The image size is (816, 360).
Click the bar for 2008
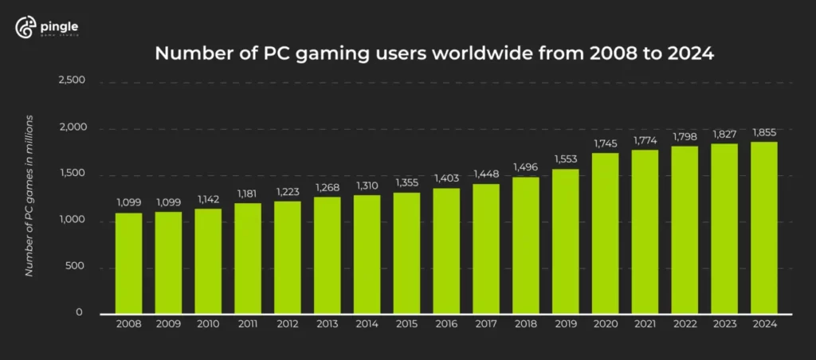[x=128, y=262]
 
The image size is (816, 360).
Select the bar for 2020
[x=605, y=232]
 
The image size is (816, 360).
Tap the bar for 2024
[x=763, y=227]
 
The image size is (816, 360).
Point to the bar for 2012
[x=287, y=256]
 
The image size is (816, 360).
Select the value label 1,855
[x=763, y=131]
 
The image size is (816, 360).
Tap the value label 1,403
[x=446, y=179]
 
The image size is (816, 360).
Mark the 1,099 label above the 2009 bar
[x=168, y=202]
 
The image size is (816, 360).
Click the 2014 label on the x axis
[x=367, y=323]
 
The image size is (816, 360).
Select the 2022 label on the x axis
[x=685, y=323]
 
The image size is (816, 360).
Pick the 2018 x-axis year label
[x=525, y=323]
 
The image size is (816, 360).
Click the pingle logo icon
[x=25, y=28]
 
